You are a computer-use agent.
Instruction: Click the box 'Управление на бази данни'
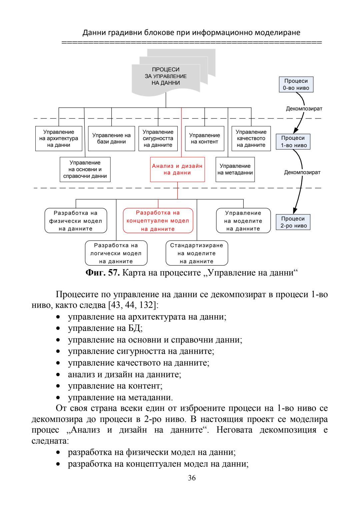click(x=111, y=138)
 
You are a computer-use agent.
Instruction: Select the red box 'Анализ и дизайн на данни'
click(x=177, y=169)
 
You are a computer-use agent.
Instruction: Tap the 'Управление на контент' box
click(x=204, y=138)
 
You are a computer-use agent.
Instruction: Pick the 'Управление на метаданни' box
click(x=235, y=169)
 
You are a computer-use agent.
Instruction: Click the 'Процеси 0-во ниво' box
click(x=296, y=84)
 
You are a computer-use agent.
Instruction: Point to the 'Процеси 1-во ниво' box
click(x=293, y=141)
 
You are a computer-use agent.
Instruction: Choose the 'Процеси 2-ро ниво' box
click(x=293, y=222)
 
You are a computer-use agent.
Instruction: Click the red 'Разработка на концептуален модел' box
click(x=158, y=220)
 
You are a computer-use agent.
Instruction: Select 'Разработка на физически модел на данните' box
click(x=76, y=220)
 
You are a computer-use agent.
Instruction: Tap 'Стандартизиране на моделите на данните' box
click(x=197, y=253)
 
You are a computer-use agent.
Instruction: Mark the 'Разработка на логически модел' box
click(x=116, y=253)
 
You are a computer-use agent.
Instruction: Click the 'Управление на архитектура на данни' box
click(x=59, y=138)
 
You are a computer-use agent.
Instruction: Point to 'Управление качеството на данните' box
click(x=251, y=138)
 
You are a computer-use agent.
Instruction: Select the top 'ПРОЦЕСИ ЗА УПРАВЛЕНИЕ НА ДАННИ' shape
click(x=166, y=76)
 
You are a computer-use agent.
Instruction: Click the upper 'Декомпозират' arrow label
click(x=304, y=109)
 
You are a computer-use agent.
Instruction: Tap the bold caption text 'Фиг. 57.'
click(x=102, y=273)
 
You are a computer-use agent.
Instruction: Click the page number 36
click(x=192, y=478)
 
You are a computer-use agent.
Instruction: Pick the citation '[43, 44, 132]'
click(x=133, y=305)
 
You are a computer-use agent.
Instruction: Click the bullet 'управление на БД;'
click(x=105, y=328)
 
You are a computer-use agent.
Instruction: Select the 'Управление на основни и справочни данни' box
click(x=85, y=169)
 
